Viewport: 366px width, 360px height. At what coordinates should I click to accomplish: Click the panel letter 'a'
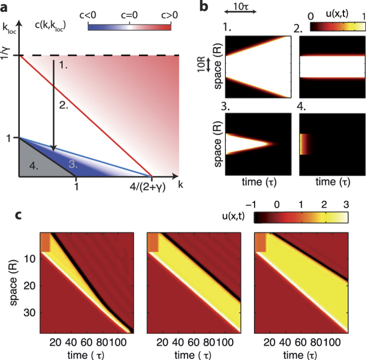coord(6,6)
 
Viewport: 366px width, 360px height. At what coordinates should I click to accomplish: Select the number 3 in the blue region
coord(72,164)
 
